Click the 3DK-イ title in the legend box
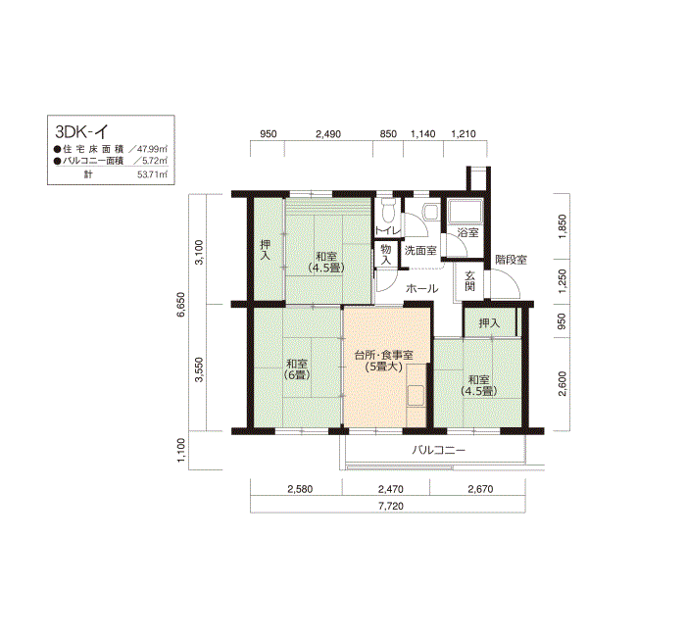81,131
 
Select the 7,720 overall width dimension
391,507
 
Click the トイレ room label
388,230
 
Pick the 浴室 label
467,232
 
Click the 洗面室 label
420,251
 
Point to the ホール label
421,289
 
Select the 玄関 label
469,281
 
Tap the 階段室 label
511,260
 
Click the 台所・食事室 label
384,355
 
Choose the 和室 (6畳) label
297,369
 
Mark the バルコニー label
439,450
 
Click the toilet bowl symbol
388,211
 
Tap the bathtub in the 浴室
465,212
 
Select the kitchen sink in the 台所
416,396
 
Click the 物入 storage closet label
385,254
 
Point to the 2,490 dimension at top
328,134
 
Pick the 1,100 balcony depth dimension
182,450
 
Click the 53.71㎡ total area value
152,174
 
